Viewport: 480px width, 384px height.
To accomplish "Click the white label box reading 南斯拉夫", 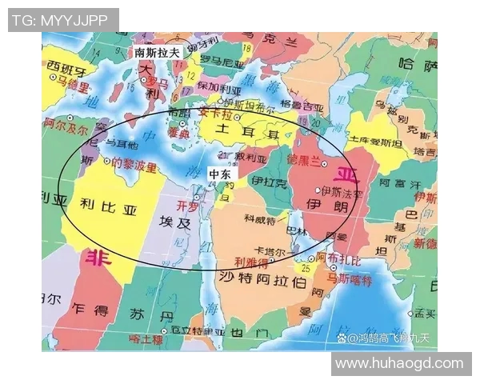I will click(158, 52).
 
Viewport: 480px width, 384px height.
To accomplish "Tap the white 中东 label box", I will click(218, 174).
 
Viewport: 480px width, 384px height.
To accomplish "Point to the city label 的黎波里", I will click(134, 166).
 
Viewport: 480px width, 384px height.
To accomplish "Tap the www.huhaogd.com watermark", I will click(399, 363).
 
